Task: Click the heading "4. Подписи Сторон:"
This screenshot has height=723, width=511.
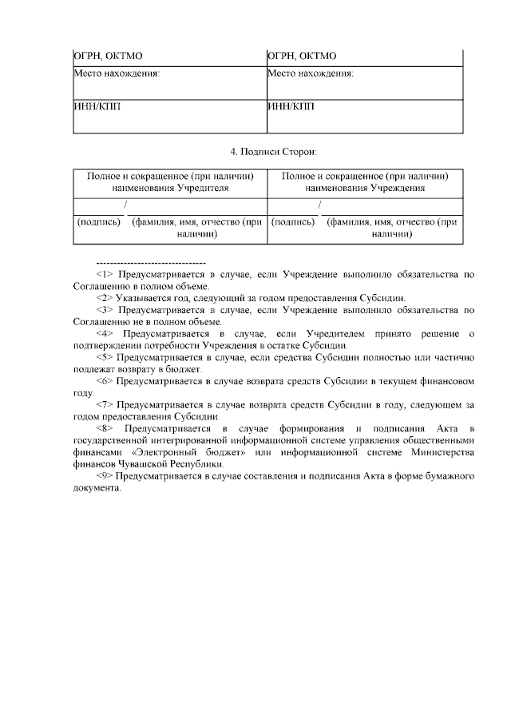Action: coord(273,151)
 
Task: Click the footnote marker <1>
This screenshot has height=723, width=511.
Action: coord(105,274)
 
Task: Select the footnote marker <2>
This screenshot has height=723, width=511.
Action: coord(105,297)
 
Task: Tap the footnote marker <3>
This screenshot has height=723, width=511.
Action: coord(105,309)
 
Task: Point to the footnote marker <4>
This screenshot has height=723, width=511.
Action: coord(105,332)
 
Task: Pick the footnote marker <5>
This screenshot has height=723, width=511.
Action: coord(105,357)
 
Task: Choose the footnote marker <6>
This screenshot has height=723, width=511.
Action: coord(105,381)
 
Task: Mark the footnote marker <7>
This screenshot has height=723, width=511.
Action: coord(105,404)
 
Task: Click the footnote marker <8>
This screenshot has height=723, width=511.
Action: coord(105,428)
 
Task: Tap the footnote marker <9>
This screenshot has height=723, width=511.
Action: coord(105,476)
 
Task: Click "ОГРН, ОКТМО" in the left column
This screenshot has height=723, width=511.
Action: coord(108,56)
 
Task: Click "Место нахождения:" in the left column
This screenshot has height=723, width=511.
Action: coord(117,73)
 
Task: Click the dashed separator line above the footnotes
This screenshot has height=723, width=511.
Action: coord(150,262)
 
